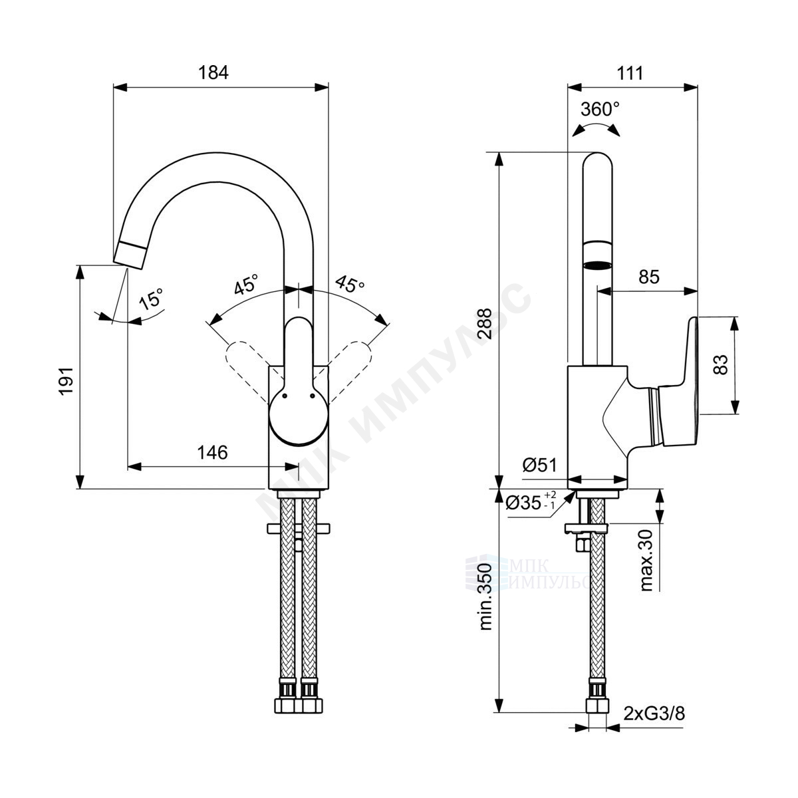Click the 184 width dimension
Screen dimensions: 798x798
tap(213, 73)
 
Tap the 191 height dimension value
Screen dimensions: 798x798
tap(66, 380)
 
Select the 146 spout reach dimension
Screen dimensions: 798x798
tap(212, 453)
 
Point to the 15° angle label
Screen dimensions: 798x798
tap(152, 299)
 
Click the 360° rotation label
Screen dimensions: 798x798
tap(600, 109)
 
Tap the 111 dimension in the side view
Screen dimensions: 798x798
tap(630, 73)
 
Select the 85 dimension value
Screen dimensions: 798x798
tap(648, 277)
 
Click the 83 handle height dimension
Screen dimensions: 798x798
tap(721, 365)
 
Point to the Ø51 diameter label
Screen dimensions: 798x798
tap(539, 465)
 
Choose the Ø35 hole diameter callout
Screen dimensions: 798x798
tap(531, 502)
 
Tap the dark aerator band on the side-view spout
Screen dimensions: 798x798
tap(597, 265)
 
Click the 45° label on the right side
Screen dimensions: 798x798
tap(350, 284)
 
